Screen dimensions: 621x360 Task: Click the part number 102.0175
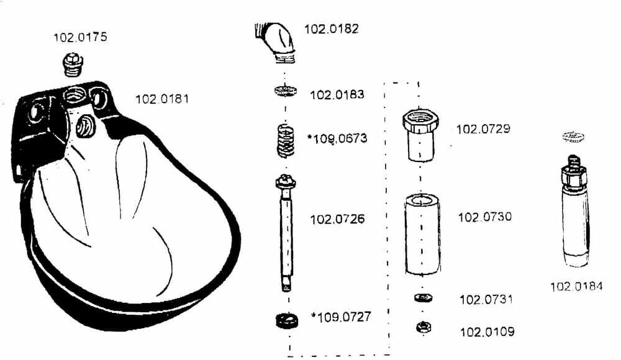tap(80, 37)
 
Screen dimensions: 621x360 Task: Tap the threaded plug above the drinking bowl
tap(73, 64)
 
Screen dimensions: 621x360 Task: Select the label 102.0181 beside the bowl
tap(162, 99)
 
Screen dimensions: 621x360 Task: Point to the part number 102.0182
tap(332, 29)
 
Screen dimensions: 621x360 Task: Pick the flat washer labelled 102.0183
tap(285, 91)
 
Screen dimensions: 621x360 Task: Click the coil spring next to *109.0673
tap(286, 141)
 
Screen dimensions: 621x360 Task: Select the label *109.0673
tap(337, 138)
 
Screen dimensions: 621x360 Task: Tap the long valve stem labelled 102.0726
tap(286, 233)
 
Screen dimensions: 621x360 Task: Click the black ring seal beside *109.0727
tap(287, 320)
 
